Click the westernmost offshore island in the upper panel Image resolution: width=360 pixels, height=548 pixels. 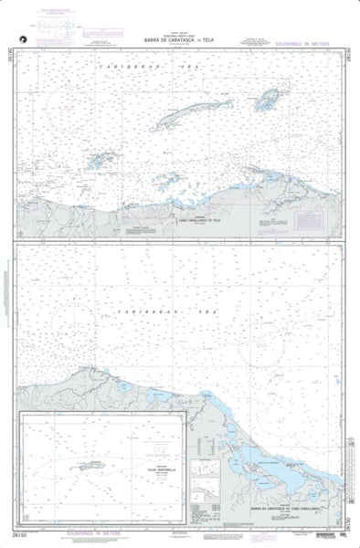(101, 160)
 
